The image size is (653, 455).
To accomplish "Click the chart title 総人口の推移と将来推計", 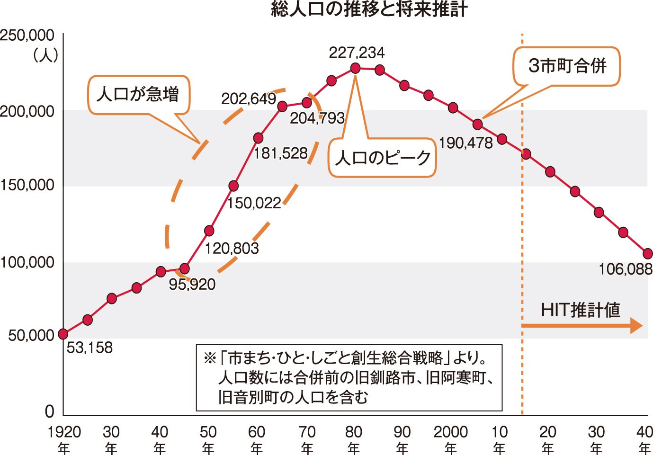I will (x=369, y=9).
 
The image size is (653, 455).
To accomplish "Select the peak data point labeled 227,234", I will (x=356, y=68).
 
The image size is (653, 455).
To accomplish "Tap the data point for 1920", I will (x=63, y=334).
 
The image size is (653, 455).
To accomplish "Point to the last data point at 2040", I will (x=647, y=254).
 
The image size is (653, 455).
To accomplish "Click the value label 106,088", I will (x=626, y=269).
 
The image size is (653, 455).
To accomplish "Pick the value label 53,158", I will (x=89, y=348).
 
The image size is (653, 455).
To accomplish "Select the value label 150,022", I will (x=254, y=203).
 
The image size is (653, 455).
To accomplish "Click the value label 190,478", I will (x=466, y=143).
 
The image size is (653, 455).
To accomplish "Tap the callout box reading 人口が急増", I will (x=138, y=95).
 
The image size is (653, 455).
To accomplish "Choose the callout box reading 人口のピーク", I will (x=382, y=158).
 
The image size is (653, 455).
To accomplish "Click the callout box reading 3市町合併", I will (x=567, y=66).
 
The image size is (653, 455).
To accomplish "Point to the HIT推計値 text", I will (x=580, y=310).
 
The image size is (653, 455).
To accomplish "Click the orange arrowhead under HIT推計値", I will (x=636, y=326).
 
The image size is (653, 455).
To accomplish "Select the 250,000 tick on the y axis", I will (x=27, y=36).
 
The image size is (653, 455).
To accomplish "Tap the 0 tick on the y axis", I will (x=49, y=411).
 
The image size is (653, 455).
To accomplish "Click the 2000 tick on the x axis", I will (x=450, y=432).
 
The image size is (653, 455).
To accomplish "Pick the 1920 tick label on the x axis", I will (x=64, y=432).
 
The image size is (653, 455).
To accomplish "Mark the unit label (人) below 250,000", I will (x=45, y=55).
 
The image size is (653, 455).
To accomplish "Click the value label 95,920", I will (x=192, y=284).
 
